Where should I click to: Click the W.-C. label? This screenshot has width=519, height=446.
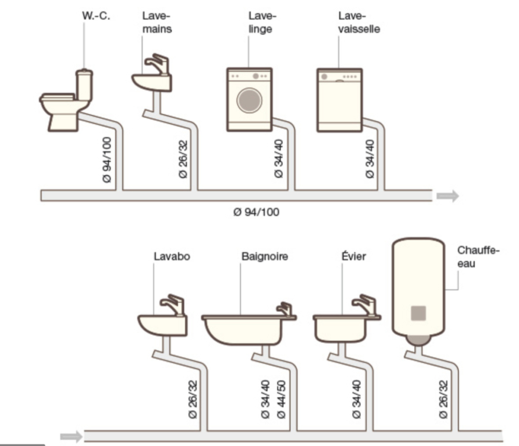click(97, 16)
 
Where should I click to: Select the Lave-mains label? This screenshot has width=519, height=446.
click(157, 22)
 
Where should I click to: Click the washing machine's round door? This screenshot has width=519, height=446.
click(250, 101)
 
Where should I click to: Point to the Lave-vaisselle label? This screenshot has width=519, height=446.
click(359, 22)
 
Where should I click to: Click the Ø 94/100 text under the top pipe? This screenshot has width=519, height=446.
click(257, 212)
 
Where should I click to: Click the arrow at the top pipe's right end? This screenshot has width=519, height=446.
click(447, 196)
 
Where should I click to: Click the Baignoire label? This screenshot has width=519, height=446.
click(264, 256)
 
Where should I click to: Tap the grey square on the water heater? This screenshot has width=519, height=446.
click(418, 313)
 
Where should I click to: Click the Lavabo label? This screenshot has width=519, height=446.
click(168, 256)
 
